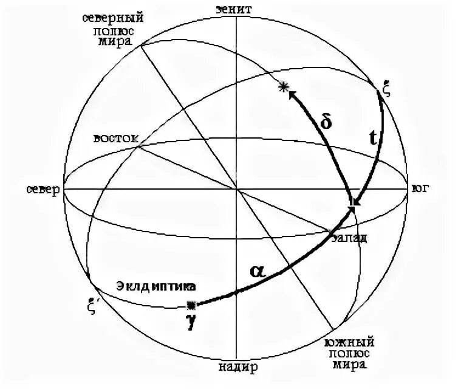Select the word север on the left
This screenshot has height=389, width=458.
42,189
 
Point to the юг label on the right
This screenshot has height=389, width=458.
420,188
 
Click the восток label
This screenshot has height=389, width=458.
116,138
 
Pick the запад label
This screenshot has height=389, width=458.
350,238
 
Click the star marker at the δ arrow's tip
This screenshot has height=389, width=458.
282,88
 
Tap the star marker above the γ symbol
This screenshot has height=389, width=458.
192,305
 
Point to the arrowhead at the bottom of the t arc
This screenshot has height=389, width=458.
355,201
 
